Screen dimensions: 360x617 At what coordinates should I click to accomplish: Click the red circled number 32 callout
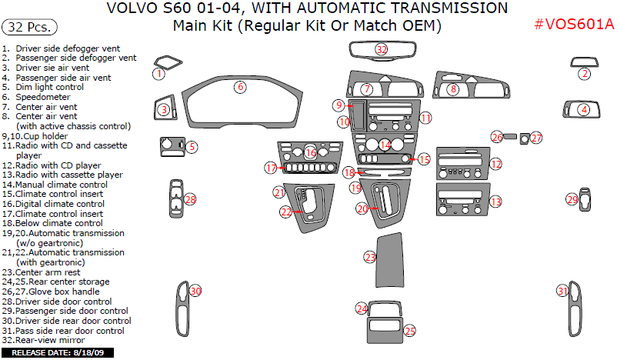pyautogui.click(x=382, y=49)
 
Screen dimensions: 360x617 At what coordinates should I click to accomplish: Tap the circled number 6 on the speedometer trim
pyautogui.click(x=241, y=87)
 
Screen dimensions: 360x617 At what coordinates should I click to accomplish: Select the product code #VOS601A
pyautogui.click(x=574, y=23)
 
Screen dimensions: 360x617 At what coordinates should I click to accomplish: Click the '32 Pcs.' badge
pyautogui.click(x=31, y=28)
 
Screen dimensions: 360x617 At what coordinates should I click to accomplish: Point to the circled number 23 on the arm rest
pyautogui.click(x=370, y=257)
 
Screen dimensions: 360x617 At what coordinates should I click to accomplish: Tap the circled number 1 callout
pyautogui.click(x=158, y=74)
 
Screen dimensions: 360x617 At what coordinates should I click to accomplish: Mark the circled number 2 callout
pyautogui.click(x=585, y=74)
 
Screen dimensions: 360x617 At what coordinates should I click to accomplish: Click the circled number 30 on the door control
pyautogui.click(x=195, y=292)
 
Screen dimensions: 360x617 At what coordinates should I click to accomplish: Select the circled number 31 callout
pyautogui.click(x=563, y=291)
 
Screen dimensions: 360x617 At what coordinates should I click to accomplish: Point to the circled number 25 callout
pyautogui.click(x=410, y=331)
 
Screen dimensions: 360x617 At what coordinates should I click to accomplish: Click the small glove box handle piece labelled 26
pyautogui.click(x=511, y=137)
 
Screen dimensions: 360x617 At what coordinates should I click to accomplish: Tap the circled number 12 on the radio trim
pyautogui.click(x=496, y=164)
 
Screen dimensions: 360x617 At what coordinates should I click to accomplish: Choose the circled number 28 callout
pyautogui.click(x=190, y=200)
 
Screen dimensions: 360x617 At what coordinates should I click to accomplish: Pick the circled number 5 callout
pyautogui.click(x=192, y=146)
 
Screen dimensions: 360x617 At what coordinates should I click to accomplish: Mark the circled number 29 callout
pyautogui.click(x=572, y=200)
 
